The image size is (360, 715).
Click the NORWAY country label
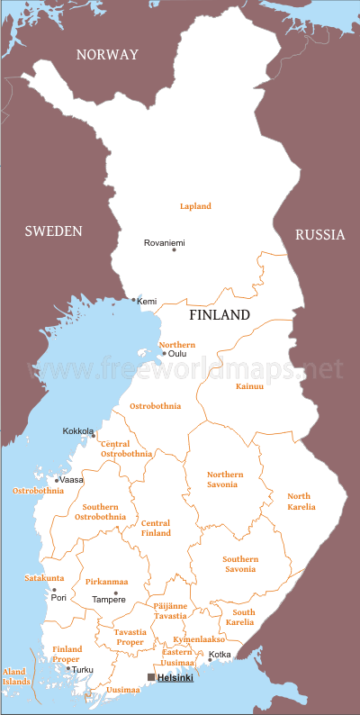tap(107, 55)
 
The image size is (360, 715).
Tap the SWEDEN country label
tap(53, 231)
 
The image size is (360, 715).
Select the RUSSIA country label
tap(319, 235)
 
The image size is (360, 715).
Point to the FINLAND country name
tap(219, 316)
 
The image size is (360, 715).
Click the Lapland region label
tap(195, 206)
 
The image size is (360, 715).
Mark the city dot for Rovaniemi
tap(175, 249)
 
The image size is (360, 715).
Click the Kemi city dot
tap(134, 300)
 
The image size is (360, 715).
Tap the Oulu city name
tap(178, 354)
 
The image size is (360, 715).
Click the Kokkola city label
tap(78, 430)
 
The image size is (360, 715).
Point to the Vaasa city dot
tap(56, 480)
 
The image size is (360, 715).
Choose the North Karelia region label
tap(301, 502)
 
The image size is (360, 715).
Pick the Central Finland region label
tap(156, 529)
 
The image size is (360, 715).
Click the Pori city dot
tap(53, 590)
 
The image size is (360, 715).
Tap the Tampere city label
tap(109, 600)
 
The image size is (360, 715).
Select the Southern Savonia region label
tap(240, 565)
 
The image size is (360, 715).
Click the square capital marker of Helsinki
tap(151, 677)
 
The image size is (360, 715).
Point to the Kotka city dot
tap(210, 660)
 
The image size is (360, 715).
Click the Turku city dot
tap(68, 668)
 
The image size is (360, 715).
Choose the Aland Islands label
tap(15, 676)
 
